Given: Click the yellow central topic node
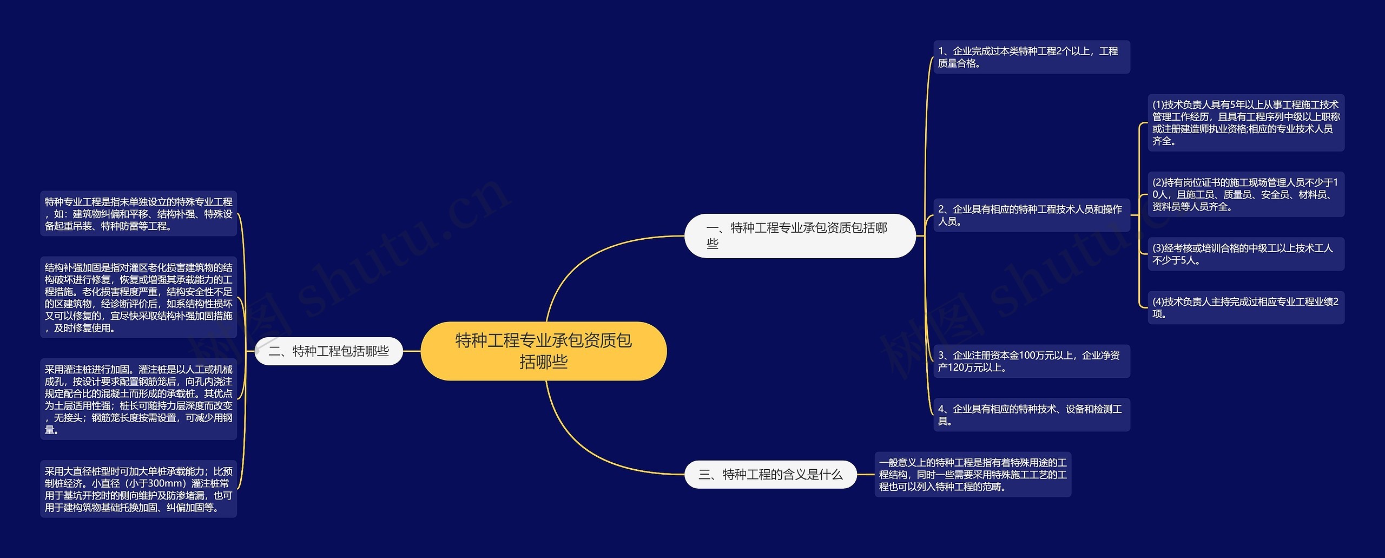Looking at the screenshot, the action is (543, 351).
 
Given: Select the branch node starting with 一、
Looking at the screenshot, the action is (799, 235).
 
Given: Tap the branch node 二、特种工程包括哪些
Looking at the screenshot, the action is (329, 351).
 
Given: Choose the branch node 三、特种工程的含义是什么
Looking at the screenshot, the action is (770, 475).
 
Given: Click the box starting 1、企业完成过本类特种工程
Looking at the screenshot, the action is (1031, 57).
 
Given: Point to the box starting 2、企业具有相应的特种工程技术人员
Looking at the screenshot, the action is (1031, 215).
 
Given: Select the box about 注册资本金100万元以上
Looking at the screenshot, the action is (1031, 361).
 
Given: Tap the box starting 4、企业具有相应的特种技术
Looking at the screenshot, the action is (1031, 415).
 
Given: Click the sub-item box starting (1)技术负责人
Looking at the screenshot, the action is (1245, 122).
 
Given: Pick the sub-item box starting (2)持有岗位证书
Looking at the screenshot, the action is (1245, 194).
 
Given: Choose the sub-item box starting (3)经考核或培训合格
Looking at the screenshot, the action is (1245, 254).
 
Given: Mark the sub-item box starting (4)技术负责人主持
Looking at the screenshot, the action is (1245, 307).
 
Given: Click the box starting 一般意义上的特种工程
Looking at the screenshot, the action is (973, 475).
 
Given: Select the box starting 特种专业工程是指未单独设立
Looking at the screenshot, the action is (138, 214).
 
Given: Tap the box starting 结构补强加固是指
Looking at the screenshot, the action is (138, 297).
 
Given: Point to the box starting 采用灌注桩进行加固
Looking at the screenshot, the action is (138, 399).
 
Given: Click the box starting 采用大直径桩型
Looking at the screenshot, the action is (138, 489).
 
